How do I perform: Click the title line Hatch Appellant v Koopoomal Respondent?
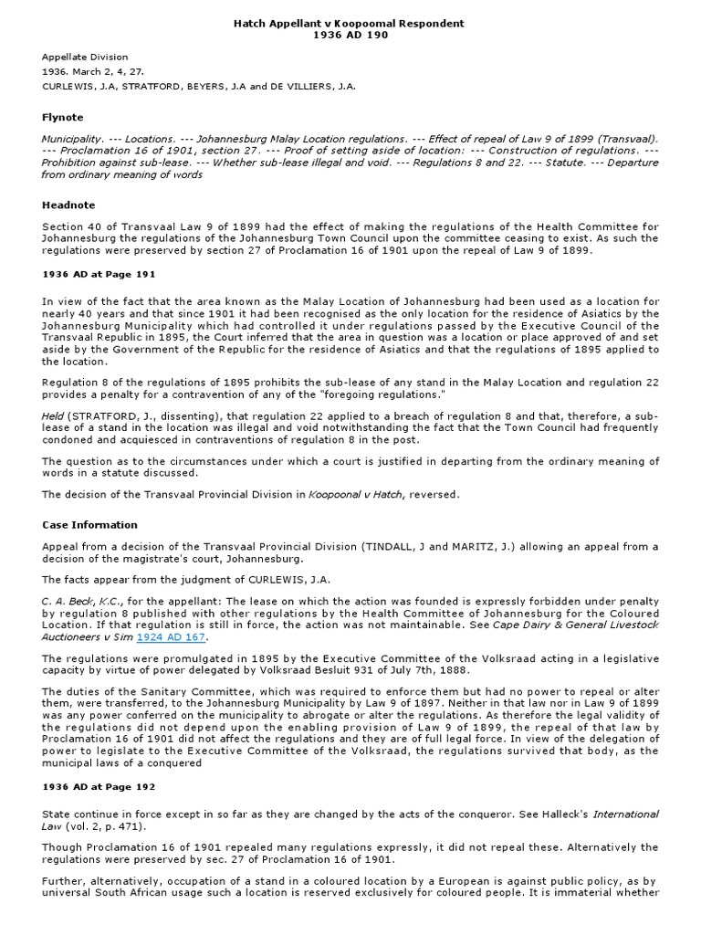pos(350,22)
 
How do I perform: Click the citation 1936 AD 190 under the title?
pos(350,35)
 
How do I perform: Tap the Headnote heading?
pos(68,205)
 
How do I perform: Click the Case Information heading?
pos(90,525)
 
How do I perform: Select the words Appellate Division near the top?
pos(85,57)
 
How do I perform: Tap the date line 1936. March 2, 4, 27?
pos(92,71)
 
